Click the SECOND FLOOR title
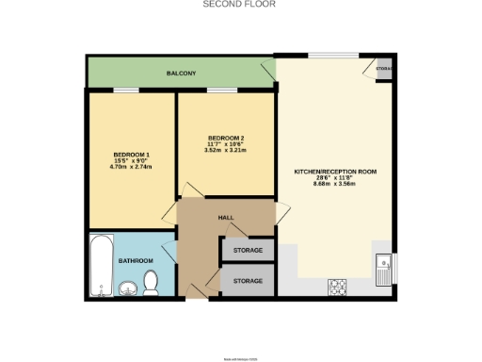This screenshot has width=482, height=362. tap(240, 5)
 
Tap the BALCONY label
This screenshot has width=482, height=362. tap(182, 73)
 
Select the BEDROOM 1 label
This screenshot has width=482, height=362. tap(132, 155)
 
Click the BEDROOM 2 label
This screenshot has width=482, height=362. tap(226, 138)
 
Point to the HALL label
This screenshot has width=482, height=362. tap(226, 218)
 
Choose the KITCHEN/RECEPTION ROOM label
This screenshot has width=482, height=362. tap(335, 172)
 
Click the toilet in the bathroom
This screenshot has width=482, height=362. tap(151, 281)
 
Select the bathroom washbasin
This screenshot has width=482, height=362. tap(128, 288)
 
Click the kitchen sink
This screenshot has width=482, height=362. tap(383, 270)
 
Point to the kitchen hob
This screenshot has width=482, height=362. tap(337, 285)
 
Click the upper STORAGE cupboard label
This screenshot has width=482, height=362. tap(249, 250)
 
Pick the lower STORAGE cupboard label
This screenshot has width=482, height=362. tap(249, 281)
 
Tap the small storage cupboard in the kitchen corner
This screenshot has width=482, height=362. tap(383, 69)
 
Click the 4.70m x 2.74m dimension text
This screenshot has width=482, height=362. tap(132, 168)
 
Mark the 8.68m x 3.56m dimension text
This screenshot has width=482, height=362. tap(335, 185)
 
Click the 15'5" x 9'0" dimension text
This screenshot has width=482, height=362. tap(132, 161)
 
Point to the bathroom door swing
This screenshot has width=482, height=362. tap(169, 253)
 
